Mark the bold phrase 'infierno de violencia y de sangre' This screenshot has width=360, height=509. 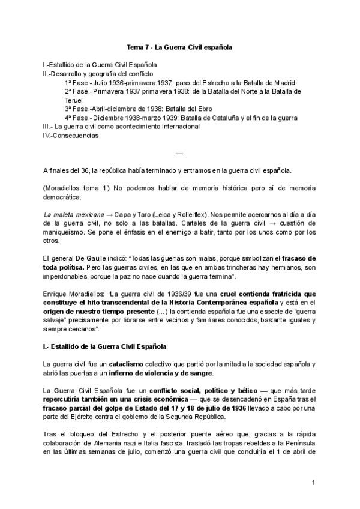click(161, 373)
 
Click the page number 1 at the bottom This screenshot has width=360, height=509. click(314, 483)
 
